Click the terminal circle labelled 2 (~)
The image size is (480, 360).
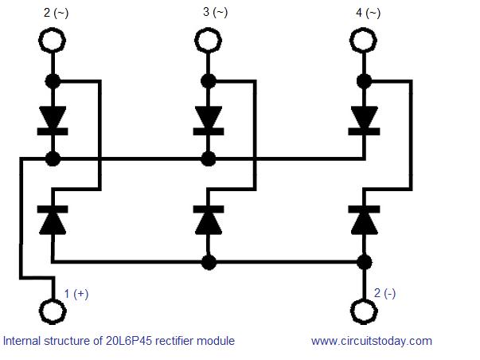[53, 28]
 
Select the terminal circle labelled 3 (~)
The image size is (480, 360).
[209, 28]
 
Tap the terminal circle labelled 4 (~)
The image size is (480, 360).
[364, 28]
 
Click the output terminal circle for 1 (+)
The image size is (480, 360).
[53, 299]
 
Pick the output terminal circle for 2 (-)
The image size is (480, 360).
[364, 299]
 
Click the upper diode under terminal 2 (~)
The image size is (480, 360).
[53, 121]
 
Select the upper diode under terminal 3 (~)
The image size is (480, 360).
[209, 121]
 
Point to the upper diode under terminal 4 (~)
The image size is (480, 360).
[364, 121]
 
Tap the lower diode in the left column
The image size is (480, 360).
[53, 221]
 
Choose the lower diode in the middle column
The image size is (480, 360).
[209, 221]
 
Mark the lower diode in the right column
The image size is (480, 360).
[364, 221]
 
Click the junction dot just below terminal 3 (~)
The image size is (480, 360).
[209, 81]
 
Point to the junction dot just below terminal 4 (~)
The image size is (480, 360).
[365, 81]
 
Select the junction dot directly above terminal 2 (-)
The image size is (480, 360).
[365, 262]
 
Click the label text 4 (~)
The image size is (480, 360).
[369, 13]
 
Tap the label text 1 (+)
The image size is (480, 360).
[76, 294]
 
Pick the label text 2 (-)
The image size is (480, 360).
[384, 293]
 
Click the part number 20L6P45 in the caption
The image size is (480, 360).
[129, 341]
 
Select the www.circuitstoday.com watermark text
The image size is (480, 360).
[372, 341]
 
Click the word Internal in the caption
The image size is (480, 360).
[21, 341]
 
